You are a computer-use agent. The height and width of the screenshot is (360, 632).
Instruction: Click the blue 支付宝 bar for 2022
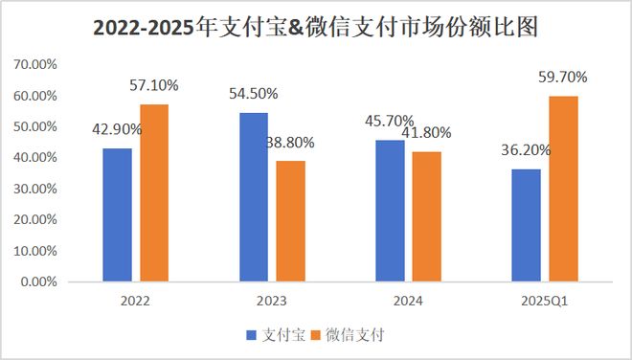(x=118, y=215)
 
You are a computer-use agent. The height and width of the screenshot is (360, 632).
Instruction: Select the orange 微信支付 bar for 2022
(x=154, y=193)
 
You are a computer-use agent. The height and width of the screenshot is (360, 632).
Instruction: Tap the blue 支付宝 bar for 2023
(x=254, y=197)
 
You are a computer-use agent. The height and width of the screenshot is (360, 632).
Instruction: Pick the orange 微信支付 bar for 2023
(x=291, y=221)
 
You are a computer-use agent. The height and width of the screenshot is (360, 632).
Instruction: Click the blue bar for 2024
(x=390, y=211)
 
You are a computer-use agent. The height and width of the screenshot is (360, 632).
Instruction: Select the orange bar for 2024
(x=426, y=216)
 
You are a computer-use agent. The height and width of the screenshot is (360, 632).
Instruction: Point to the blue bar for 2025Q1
(x=526, y=226)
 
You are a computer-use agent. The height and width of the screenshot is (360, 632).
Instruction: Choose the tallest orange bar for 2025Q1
(x=563, y=190)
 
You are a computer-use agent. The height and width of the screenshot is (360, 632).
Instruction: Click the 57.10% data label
(x=153, y=86)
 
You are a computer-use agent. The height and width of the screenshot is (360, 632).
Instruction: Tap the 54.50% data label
(x=254, y=94)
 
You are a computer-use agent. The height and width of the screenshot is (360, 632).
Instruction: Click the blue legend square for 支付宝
(x=251, y=335)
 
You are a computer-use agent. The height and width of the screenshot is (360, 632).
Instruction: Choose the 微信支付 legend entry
(x=355, y=335)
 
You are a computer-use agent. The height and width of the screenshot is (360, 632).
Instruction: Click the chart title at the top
(x=315, y=28)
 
